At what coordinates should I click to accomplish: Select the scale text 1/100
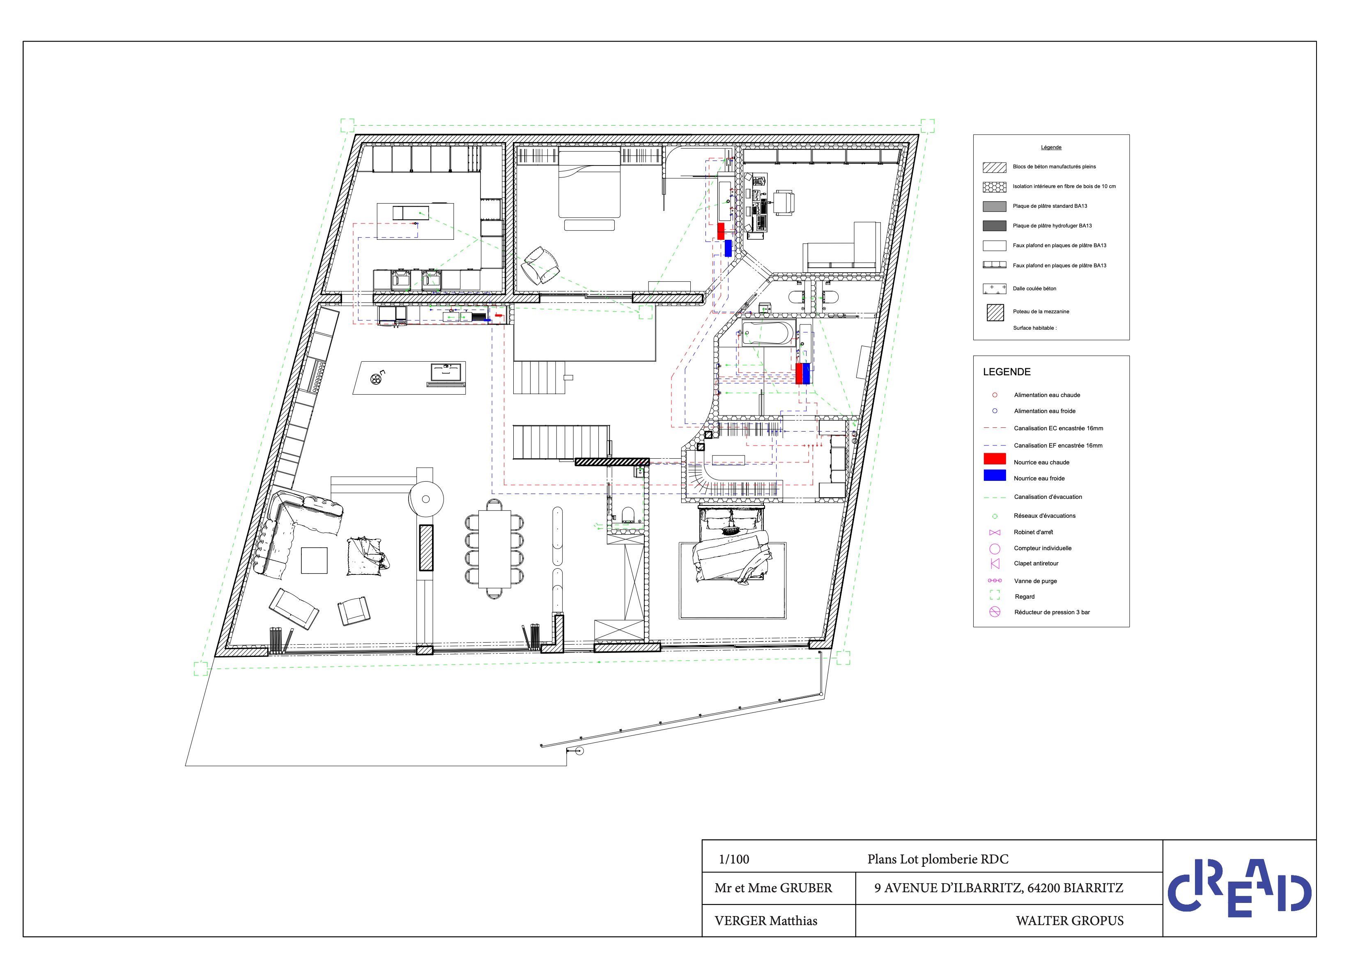[x=733, y=859]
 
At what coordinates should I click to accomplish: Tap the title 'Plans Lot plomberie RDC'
[x=938, y=859]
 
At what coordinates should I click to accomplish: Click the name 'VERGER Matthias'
[x=766, y=921]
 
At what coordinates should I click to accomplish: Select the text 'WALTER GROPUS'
[x=1070, y=921]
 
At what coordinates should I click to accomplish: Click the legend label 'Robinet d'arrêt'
[x=1033, y=532]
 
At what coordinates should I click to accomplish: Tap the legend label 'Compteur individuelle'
[x=1043, y=548]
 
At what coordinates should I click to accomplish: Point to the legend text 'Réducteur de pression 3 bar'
[x=1052, y=612]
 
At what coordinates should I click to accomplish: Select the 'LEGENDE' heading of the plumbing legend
[x=1006, y=372]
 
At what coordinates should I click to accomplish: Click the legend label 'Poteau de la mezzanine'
[x=1041, y=312]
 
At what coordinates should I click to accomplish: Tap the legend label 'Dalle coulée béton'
[x=1034, y=289]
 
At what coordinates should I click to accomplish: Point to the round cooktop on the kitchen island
[x=376, y=379]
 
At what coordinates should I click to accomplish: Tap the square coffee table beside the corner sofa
[x=314, y=560]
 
